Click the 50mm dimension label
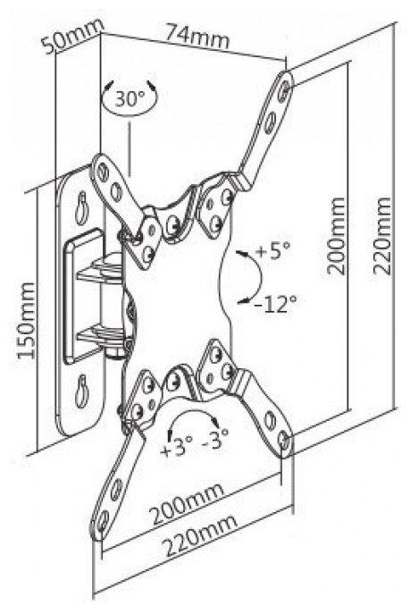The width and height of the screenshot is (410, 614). tap(73, 36)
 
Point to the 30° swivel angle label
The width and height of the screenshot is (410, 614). tap(130, 99)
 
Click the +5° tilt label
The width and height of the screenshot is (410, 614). tap(273, 250)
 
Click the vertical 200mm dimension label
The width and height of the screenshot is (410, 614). tap(337, 236)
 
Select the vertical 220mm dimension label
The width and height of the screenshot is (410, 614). tap(381, 237)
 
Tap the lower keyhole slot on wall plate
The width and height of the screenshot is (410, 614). tap(82, 390)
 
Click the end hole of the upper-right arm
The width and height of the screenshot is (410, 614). tap(286, 88)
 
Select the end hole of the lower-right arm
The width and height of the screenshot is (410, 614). tap(286, 441)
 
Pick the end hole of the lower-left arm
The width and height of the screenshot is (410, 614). tap(103, 521)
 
